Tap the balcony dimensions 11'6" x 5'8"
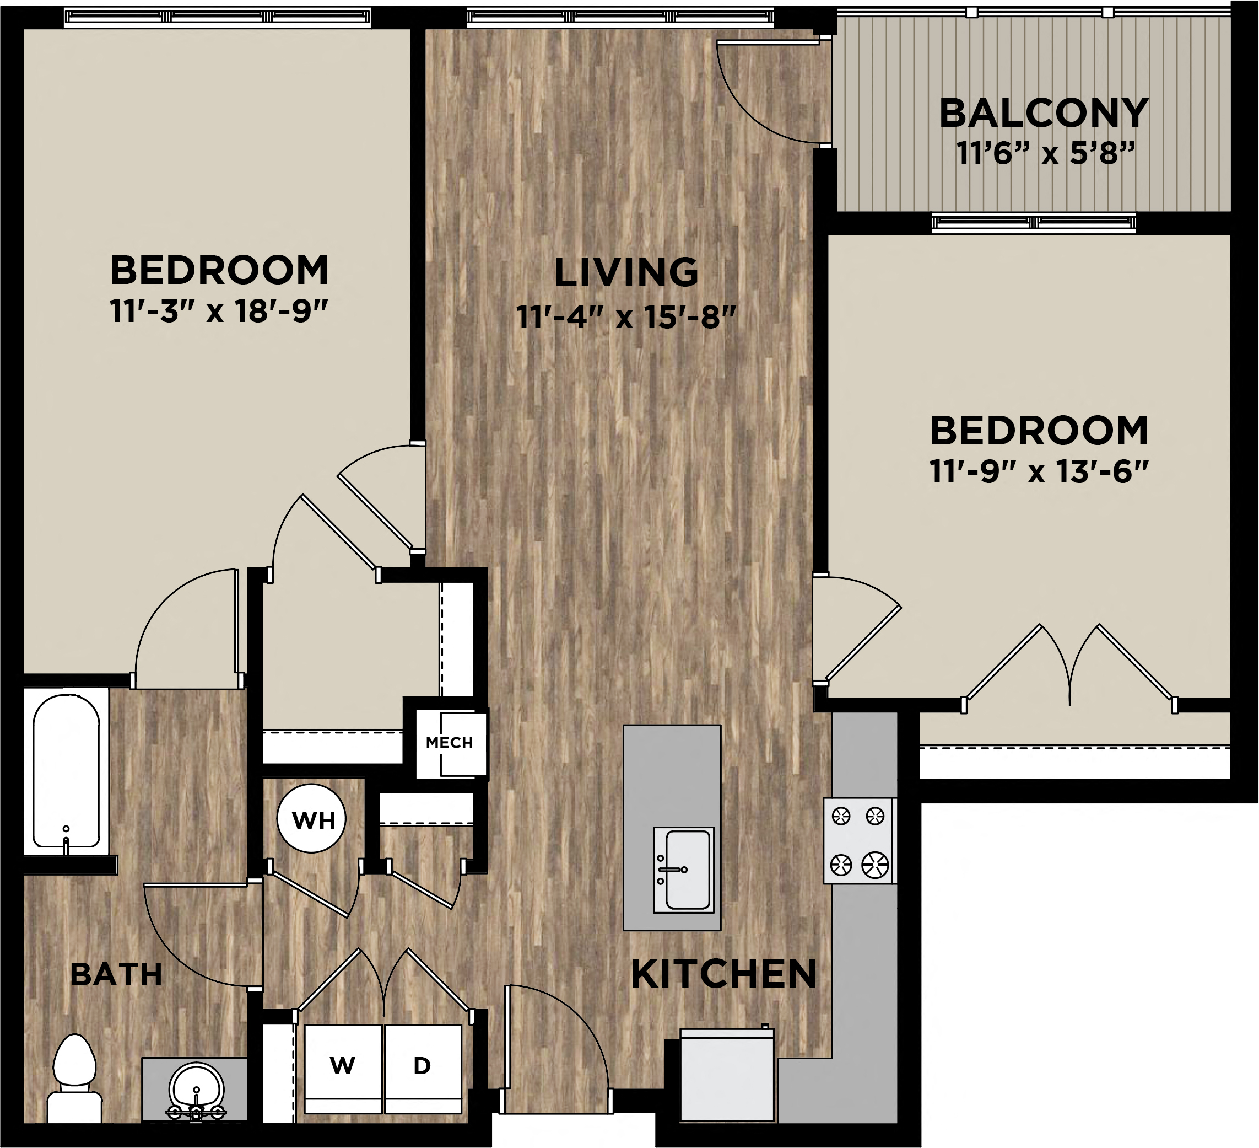pyautogui.click(x=1045, y=153)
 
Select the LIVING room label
pyautogui.click(x=626, y=272)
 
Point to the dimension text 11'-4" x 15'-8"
pyautogui.click(x=626, y=318)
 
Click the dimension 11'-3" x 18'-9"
pyautogui.click(x=219, y=311)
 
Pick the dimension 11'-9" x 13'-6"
pyautogui.click(x=1039, y=472)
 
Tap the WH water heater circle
pyautogui.click(x=311, y=819)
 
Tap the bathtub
pyautogui.click(x=66, y=772)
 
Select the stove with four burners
pyautogui.click(x=860, y=840)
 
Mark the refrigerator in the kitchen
pyautogui.click(x=727, y=1076)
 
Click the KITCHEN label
pyautogui.click(x=723, y=974)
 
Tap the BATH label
pyautogui.click(x=116, y=974)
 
